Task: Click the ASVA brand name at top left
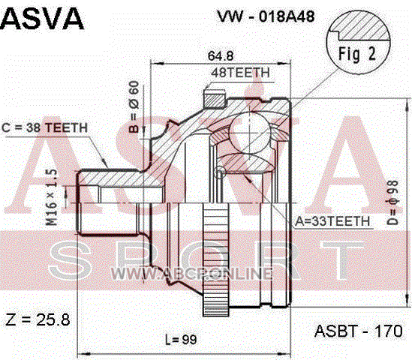[x=42, y=19]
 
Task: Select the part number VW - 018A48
[x=266, y=16]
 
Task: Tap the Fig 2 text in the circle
[x=356, y=54]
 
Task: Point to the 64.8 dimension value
[x=221, y=55]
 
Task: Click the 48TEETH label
[x=240, y=73]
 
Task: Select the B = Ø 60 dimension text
[x=134, y=106]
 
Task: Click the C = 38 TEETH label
[x=45, y=128]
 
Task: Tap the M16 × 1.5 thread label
[x=51, y=197]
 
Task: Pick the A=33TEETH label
[x=332, y=221]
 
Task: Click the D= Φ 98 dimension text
[x=393, y=202]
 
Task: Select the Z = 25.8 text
[x=38, y=319]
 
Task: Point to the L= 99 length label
[x=181, y=340]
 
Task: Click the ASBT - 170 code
[x=359, y=331]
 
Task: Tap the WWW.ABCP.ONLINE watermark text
[x=191, y=274]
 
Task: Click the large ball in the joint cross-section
[x=249, y=133]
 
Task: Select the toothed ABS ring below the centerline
[x=215, y=259]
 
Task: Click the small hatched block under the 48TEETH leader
[x=215, y=98]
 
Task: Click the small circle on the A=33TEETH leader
[x=220, y=172]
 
